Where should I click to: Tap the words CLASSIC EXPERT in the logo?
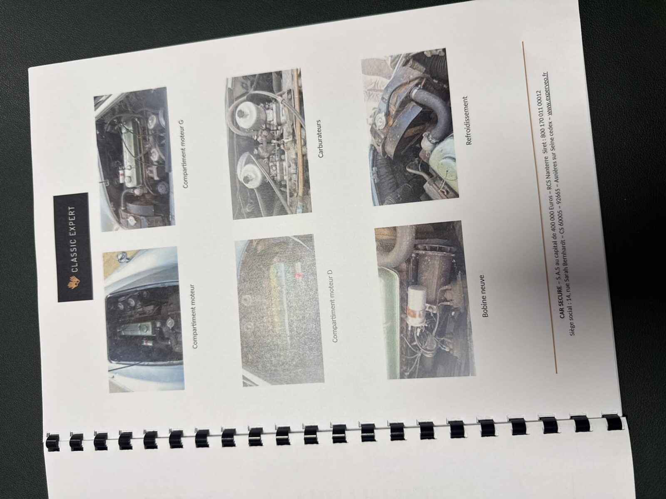(x=73, y=239)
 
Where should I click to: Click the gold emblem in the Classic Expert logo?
(x=74, y=283)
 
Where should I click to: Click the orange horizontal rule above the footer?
(x=539, y=207)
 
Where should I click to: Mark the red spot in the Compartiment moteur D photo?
(x=298, y=275)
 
